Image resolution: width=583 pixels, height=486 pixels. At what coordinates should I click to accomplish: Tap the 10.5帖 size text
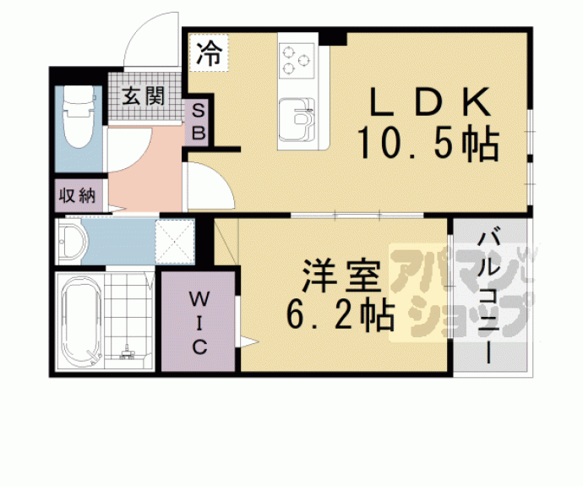pos(428,143)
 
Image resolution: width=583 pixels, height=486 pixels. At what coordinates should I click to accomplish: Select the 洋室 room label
pos(341,276)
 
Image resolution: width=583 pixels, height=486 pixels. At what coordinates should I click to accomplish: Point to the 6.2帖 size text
pos(341,314)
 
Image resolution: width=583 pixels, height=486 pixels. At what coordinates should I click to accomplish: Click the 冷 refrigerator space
pos(209,52)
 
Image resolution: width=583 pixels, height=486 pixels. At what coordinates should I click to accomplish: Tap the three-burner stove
pos(297,60)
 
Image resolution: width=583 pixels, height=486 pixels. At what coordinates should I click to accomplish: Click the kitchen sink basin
pos(297,120)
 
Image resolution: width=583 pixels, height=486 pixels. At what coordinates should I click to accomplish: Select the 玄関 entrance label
pos(144,96)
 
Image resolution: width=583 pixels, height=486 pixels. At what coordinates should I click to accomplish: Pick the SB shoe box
pos(199,123)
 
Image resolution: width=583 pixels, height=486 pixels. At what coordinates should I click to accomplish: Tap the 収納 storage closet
pos(78,196)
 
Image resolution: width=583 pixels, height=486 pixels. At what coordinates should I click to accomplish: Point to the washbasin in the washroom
pos(73,242)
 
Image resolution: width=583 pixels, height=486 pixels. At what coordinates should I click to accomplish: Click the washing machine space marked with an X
pos(175,242)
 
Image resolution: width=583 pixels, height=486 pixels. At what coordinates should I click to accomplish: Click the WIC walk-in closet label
pos(199,322)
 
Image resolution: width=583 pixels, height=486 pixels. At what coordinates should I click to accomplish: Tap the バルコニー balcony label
pos(488,298)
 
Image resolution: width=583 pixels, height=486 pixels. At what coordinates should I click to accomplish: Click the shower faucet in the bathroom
pos(128,352)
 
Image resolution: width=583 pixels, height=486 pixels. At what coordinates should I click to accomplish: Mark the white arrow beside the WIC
pos(249,341)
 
